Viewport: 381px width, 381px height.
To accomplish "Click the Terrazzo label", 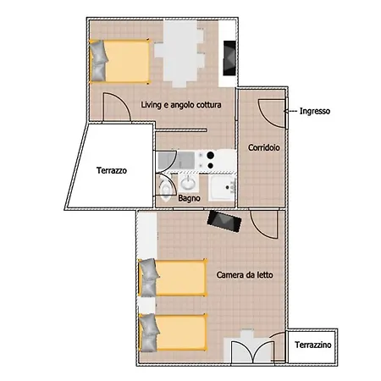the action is click(x=112, y=170).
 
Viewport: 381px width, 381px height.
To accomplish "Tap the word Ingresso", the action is click(x=315, y=111).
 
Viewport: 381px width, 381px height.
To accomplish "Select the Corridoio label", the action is click(x=264, y=147).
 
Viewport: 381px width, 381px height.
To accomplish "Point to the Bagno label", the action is click(x=189, y=198).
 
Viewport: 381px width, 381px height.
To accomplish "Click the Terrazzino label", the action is click(x=313, y=345).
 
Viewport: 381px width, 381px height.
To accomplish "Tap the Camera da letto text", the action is click(x=245, y=275).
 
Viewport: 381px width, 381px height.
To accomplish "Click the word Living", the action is click(x=152, y=105).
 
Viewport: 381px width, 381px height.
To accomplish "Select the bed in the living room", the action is click(x=119, y=62).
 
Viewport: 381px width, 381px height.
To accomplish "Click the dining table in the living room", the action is click(x=179, y=53).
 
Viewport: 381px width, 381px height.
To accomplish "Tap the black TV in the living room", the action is click(x=229, y=58).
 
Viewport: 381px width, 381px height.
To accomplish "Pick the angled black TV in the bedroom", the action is click(x=224, y=221).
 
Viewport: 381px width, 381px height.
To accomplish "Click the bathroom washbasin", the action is click(x=188, y=183).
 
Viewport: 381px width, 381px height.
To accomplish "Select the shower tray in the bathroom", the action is click(x=222, y=188).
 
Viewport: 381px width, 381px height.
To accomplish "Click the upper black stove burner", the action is click(x=210, y=155).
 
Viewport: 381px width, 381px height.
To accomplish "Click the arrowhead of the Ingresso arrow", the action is click(x=285, y=112).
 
